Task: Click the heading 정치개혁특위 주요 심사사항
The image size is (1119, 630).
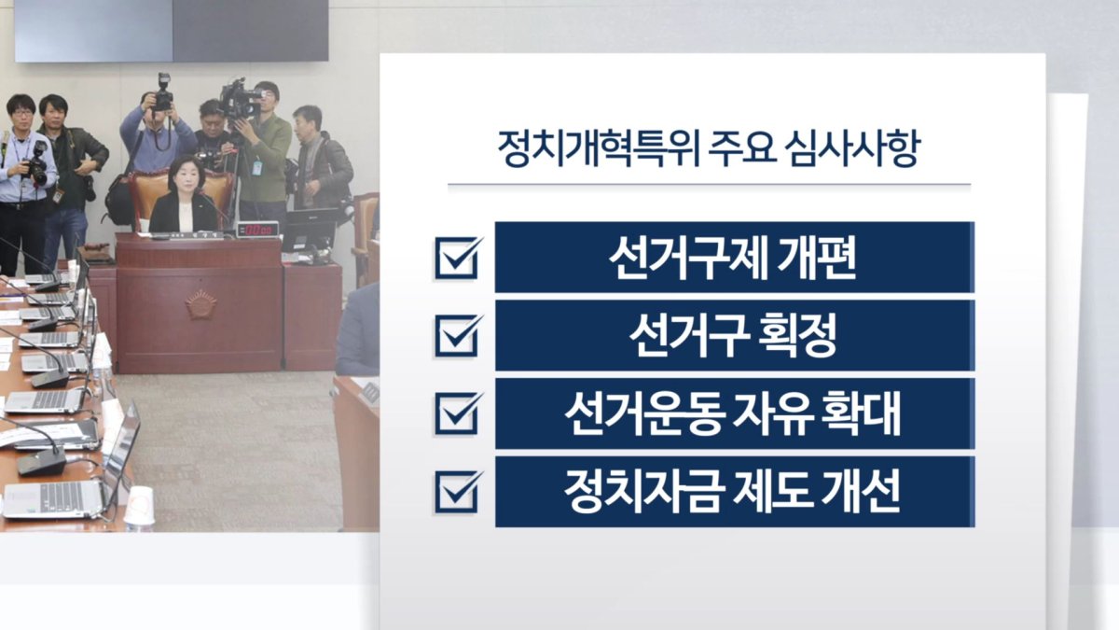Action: point(709,149)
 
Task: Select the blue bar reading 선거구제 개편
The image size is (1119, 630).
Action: point(735,257)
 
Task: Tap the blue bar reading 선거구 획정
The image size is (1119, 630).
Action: point(735,335)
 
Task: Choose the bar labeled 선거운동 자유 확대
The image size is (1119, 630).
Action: point(735,413)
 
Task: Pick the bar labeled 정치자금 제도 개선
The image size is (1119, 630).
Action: point(735,492)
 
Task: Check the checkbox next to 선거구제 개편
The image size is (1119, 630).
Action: point(458,257)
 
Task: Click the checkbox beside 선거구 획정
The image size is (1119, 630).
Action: point(458,335)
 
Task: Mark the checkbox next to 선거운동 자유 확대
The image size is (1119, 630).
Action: point(458,413)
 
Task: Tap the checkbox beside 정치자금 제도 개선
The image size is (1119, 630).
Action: point(458,491)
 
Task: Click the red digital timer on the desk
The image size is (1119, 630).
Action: point(257,229)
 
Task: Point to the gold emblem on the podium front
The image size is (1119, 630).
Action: point(200,304)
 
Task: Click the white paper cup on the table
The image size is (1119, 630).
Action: point(139,507)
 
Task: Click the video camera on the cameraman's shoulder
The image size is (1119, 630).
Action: point(240,100)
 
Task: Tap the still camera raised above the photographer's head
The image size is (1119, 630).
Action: point(163,93)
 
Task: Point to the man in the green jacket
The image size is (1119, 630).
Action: point(264,150)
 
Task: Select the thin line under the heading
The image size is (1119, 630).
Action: point(709,184)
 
